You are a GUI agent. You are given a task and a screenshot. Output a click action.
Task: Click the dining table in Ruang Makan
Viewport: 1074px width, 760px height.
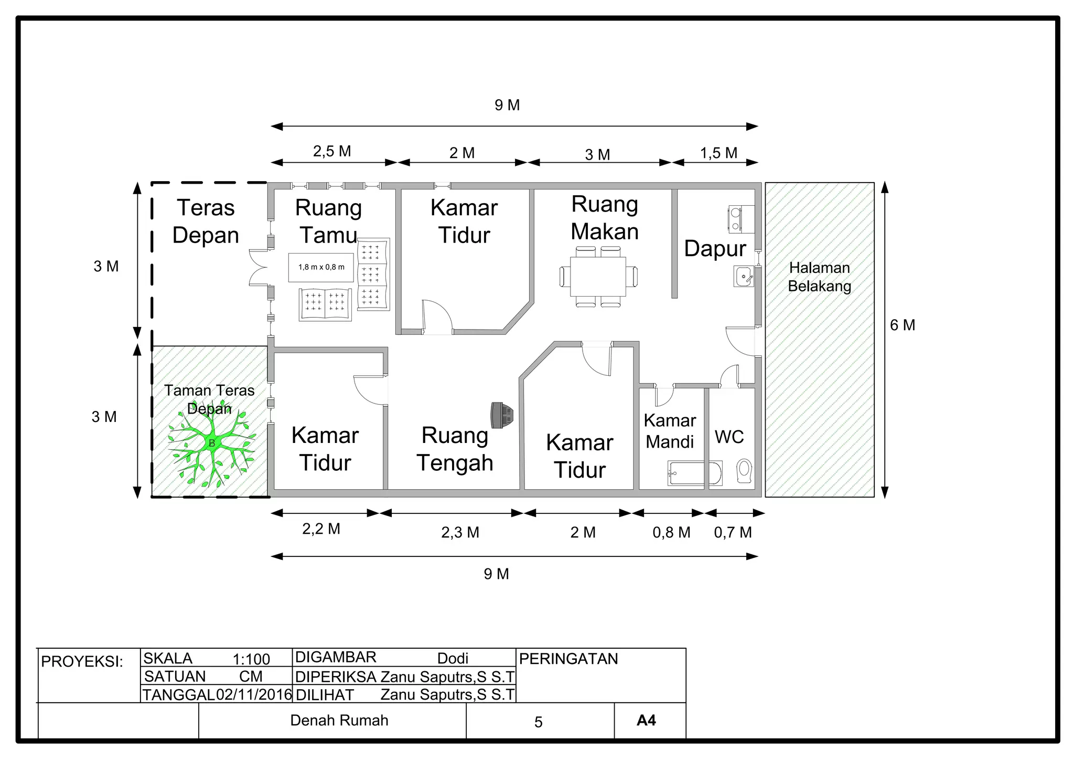click(598, 277)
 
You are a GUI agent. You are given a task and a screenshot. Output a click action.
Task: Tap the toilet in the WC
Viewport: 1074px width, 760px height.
click(744, 470)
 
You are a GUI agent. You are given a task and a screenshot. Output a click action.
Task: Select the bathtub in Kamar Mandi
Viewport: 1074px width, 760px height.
click(694, 473)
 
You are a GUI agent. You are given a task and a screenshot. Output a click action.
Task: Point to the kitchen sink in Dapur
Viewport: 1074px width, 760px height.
click(744, 276)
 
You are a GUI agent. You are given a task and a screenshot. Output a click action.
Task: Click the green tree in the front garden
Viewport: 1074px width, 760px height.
click(211, 444)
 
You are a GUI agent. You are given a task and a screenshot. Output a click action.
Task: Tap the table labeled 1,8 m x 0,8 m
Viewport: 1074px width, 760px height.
click(321, 267)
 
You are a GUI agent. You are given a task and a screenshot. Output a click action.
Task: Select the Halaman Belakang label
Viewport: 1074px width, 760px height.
click(819, 277)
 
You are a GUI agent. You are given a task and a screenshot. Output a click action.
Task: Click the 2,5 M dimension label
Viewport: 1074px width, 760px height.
click(332, 151)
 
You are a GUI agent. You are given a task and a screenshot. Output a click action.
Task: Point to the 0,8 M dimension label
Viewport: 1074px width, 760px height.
click(671, 532)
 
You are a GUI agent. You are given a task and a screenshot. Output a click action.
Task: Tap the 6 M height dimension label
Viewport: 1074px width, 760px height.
click(902, 325)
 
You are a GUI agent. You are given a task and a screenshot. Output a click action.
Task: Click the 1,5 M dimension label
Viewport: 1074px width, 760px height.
click(718, 153)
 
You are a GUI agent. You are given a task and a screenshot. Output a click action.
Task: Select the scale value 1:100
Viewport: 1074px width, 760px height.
click(251, 659)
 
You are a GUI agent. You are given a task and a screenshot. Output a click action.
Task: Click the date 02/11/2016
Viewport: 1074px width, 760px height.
click(254, 694)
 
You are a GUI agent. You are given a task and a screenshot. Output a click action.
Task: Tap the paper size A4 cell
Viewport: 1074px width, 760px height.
click(646, 720)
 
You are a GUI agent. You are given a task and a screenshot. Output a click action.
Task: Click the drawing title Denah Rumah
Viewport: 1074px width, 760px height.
click(339, 720)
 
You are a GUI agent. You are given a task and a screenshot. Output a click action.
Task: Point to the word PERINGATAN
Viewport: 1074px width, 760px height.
click(568, 659)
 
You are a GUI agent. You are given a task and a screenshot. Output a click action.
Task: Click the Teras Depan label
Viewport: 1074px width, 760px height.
click(206, 221)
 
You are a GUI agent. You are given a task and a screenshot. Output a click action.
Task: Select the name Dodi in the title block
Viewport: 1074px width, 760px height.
click(453, 658)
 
